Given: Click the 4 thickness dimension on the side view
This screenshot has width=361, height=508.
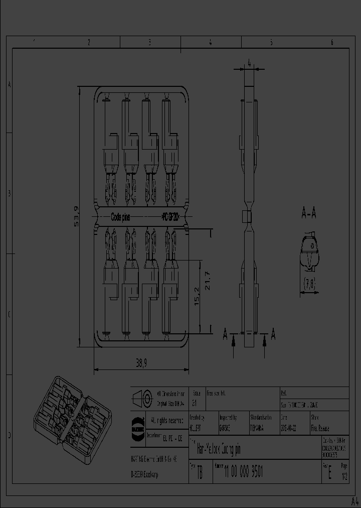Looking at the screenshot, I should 249,63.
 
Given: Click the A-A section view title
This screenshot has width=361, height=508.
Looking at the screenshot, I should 308,214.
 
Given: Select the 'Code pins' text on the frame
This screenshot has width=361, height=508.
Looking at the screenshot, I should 120,217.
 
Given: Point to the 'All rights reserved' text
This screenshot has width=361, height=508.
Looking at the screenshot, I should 167,419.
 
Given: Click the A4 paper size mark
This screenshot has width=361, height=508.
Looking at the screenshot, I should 354,501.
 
